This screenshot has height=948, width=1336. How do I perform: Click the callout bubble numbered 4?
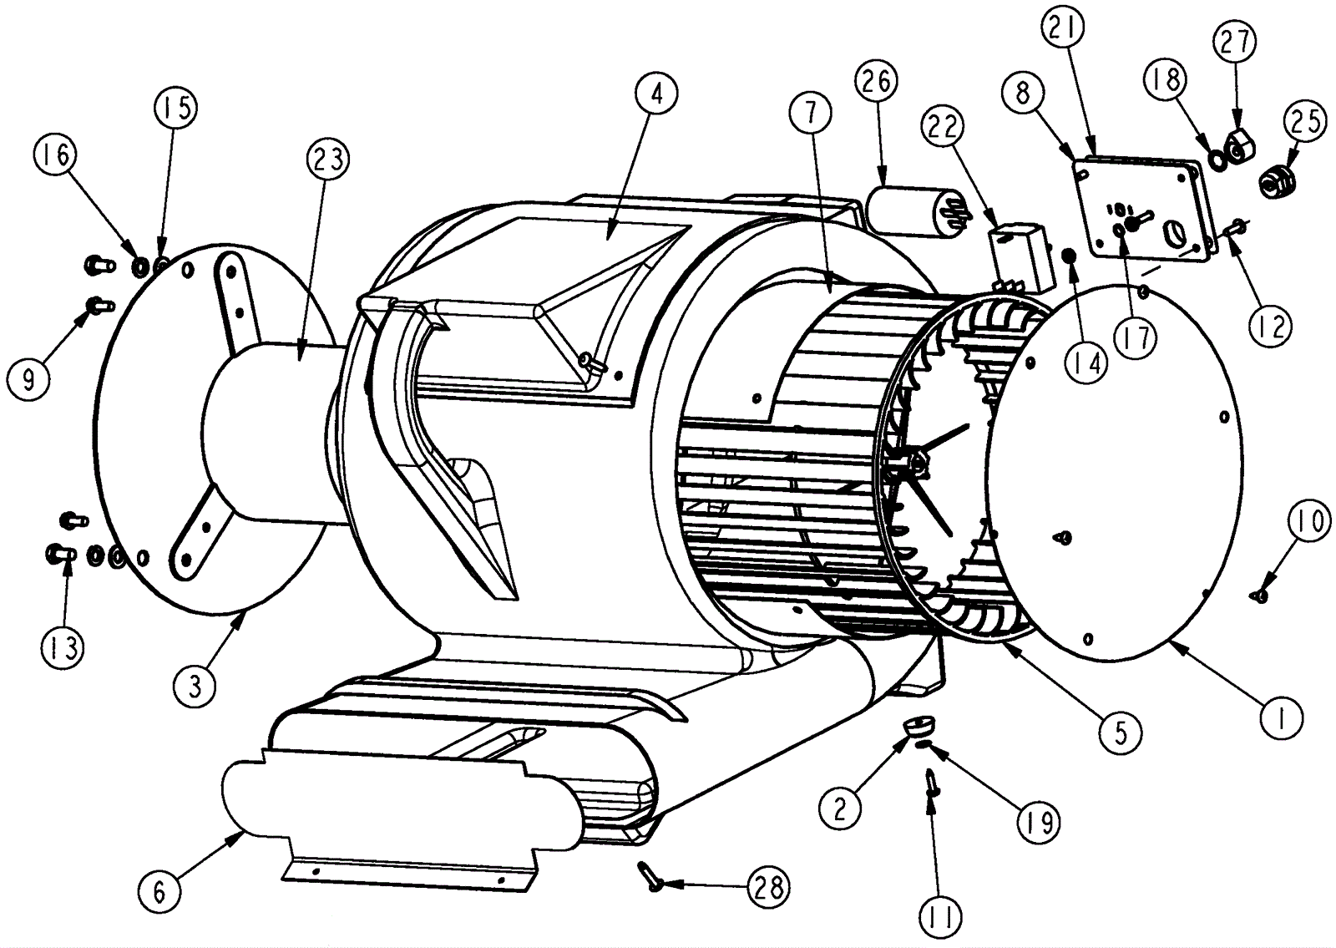(x=656, y=94)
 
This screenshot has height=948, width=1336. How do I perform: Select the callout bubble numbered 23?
(x=328, y=159)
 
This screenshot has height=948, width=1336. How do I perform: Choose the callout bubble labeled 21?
(x=1063, y=29)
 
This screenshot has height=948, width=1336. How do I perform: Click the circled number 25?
(x=1305, y=121)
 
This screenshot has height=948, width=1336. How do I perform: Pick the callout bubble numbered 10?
(x=1308, y=522)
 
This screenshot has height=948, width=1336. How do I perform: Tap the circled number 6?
(x=159, y=891)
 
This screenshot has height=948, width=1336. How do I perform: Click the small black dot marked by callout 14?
(x=1068, y=254)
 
